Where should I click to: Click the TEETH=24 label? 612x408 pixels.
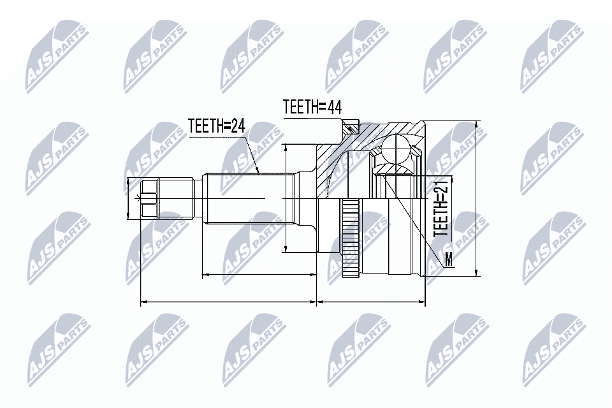coord(217,126)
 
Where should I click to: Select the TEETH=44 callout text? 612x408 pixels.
coord(312,107)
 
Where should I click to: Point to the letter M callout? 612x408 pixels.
coord(448,259)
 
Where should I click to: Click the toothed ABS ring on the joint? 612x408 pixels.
coord(350,239)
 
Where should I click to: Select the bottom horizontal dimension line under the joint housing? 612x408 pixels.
coord(370,302)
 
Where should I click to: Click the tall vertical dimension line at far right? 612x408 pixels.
coord(477,198)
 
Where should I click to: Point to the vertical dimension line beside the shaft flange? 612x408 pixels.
coord(286,198)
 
